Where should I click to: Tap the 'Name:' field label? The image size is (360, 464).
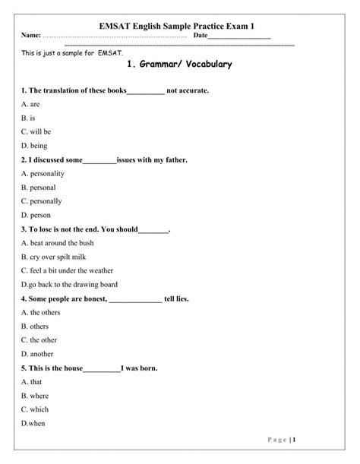point(30,36)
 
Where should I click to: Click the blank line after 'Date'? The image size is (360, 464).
point(238,36)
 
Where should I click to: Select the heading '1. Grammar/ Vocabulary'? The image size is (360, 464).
point(181,65)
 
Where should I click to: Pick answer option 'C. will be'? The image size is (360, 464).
point(36,131)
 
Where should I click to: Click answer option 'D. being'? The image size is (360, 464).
point(34,145)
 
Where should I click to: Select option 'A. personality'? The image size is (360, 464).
point(43,173)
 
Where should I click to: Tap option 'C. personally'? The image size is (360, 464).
point(42,201)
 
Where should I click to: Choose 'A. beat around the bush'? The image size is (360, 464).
point(58,243)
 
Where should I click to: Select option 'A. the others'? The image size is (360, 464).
point(40,312)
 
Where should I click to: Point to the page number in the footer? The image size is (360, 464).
point(336,440)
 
